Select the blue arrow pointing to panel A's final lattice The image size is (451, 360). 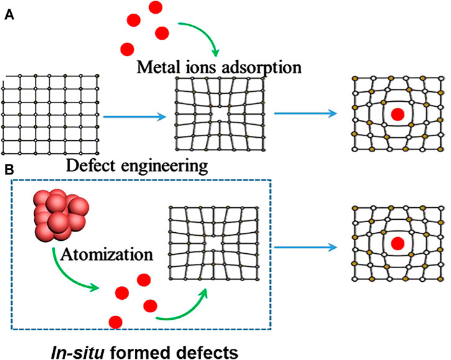pos(306,114)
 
